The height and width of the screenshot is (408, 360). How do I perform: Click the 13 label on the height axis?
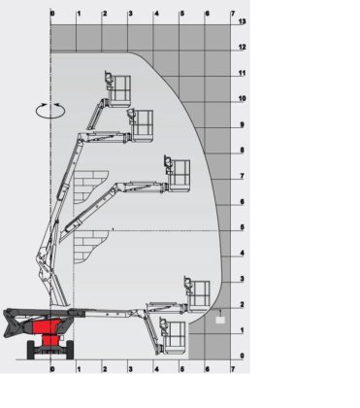(243, 21)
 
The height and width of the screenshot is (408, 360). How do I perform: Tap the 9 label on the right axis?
(243, 124)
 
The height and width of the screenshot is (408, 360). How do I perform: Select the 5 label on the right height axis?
(243, 227)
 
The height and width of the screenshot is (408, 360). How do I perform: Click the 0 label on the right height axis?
(243, 356)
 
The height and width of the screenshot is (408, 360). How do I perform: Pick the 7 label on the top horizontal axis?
(233, 14)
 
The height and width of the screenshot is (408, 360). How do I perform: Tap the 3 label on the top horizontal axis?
(131, 14)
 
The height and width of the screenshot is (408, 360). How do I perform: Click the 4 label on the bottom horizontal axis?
(156, 369)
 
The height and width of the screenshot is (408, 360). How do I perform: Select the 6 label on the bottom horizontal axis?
(208, 369)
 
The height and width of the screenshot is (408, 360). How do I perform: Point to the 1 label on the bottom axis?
(79, 369)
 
